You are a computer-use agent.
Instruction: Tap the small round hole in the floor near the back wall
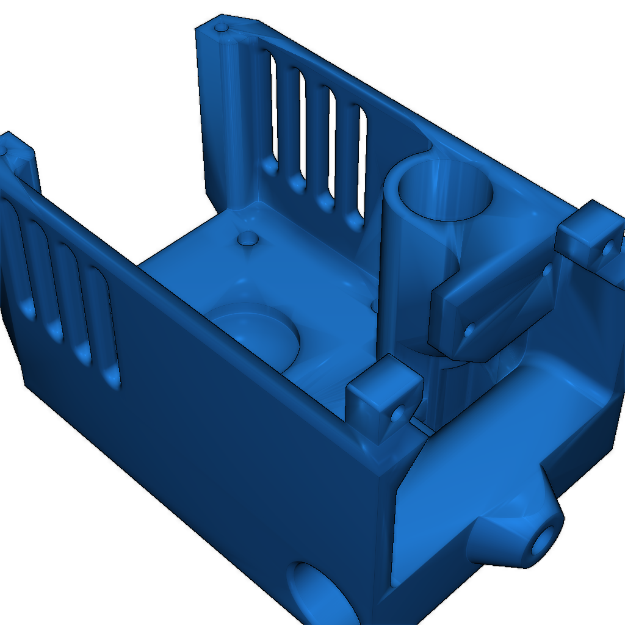click(248, 238)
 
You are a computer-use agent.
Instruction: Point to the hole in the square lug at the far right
click(608, 248)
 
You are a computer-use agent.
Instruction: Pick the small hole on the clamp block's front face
click(469, 331)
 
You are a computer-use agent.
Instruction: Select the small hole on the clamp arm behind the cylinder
click(547, 269)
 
